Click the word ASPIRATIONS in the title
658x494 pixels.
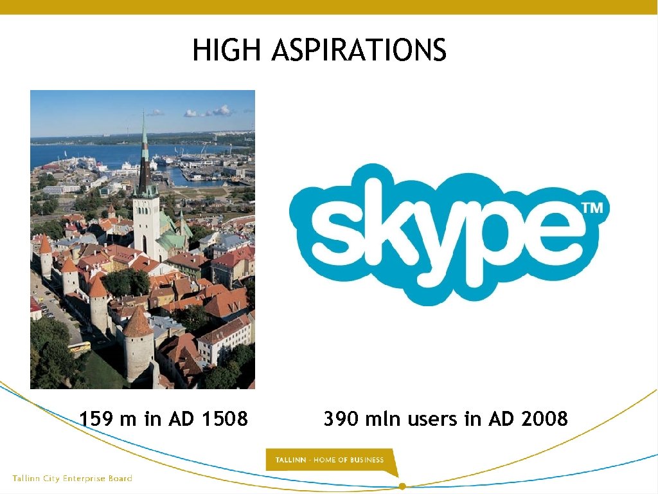click(x=359, y=50)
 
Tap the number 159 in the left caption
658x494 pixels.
click(x=96, y=419)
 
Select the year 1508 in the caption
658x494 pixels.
click(x=224, y=419)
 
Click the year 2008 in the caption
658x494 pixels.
click(x=545, y=419)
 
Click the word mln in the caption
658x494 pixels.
click(x=383, y=419)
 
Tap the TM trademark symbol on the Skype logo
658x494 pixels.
click(x=592, y=208)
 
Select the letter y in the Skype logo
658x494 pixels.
click(x=438, y=248)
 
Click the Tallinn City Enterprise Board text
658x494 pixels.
click(x=72, y=479)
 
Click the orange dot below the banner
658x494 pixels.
click(x=402, y=486)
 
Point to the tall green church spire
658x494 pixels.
click(x=145, y=154)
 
